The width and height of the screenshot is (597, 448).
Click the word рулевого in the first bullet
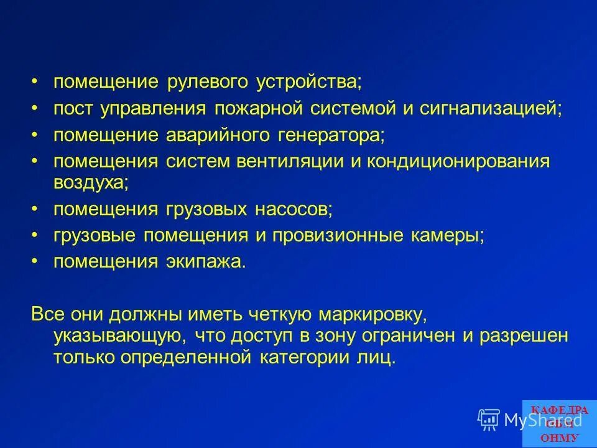point(208,82)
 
